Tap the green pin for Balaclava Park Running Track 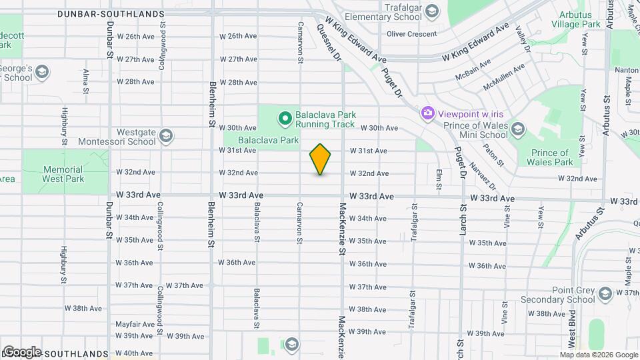285,119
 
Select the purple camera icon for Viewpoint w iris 427,113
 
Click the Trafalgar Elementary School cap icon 432,11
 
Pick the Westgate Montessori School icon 166,137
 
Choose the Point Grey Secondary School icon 605,294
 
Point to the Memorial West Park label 63,174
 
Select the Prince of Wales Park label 549,157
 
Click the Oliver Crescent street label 413,34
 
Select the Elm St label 439,179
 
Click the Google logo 22,351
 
